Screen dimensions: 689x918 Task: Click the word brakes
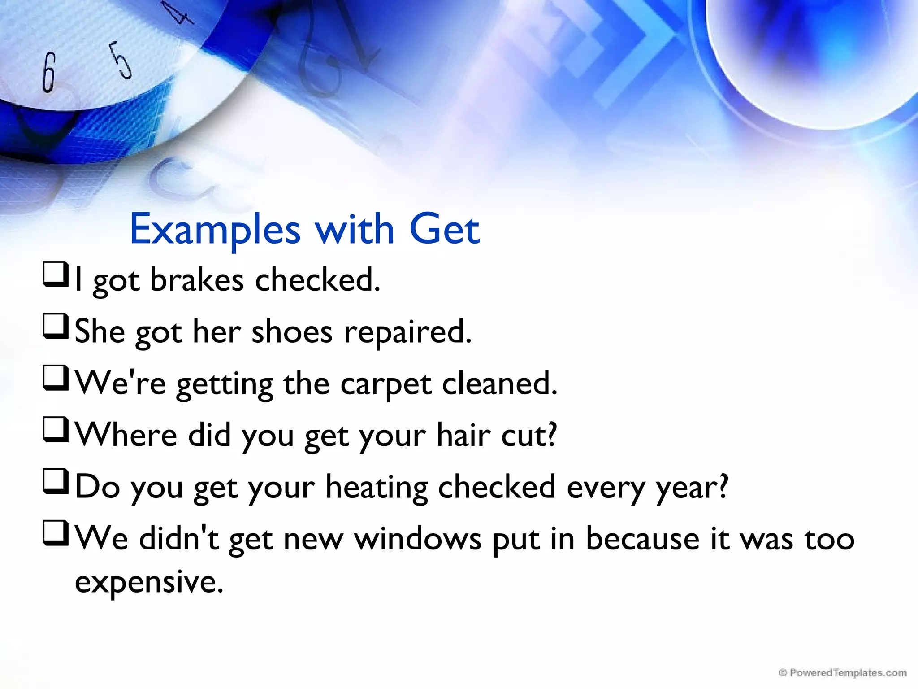pyautogui.click(x=197, y=280)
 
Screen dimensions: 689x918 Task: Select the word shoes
pyautogui.click(x=292, y=332)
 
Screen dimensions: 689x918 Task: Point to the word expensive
pyautogui.click(x=148, y=582)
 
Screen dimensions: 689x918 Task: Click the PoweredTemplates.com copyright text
pyautogui.click(x=843, y=673)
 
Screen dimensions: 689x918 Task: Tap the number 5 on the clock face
pyautogui.click(x=121, y=61)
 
